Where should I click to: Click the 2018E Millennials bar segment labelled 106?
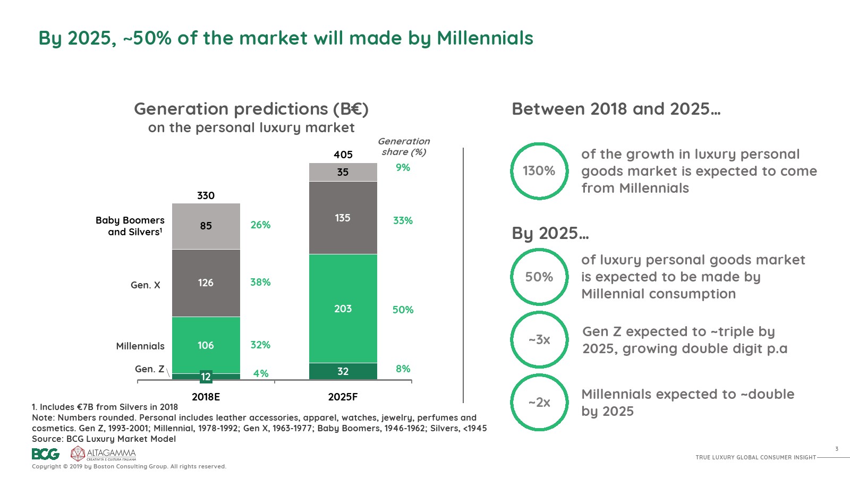tap(206, 345)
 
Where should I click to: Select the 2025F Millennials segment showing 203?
tap(343, 309)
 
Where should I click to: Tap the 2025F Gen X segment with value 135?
tap(343, 218)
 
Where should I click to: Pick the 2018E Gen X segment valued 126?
tap(206, 283)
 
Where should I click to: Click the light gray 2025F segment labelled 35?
tap(343, 172)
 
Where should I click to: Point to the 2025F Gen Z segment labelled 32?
tap(343, 371)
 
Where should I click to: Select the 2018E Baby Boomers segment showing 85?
tap(206, 226)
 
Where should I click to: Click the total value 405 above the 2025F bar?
tap(343, 155)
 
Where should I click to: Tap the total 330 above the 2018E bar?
tap(206, 195)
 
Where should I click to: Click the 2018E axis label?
tap(206, 397)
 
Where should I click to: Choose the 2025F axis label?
tap(343, 397)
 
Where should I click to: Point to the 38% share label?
tap(260, 282)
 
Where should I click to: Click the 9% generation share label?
tap(403, 167)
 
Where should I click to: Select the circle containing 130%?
tap(539, 171)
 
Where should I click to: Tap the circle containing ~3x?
tap(539, 340)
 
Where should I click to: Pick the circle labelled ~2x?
tap(539, 403)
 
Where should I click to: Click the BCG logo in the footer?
tap(46, 454)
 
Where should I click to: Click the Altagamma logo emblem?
tap(78, 454)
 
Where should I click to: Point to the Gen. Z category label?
tap(149, 369)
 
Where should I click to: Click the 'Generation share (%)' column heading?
tap(404, 147)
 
